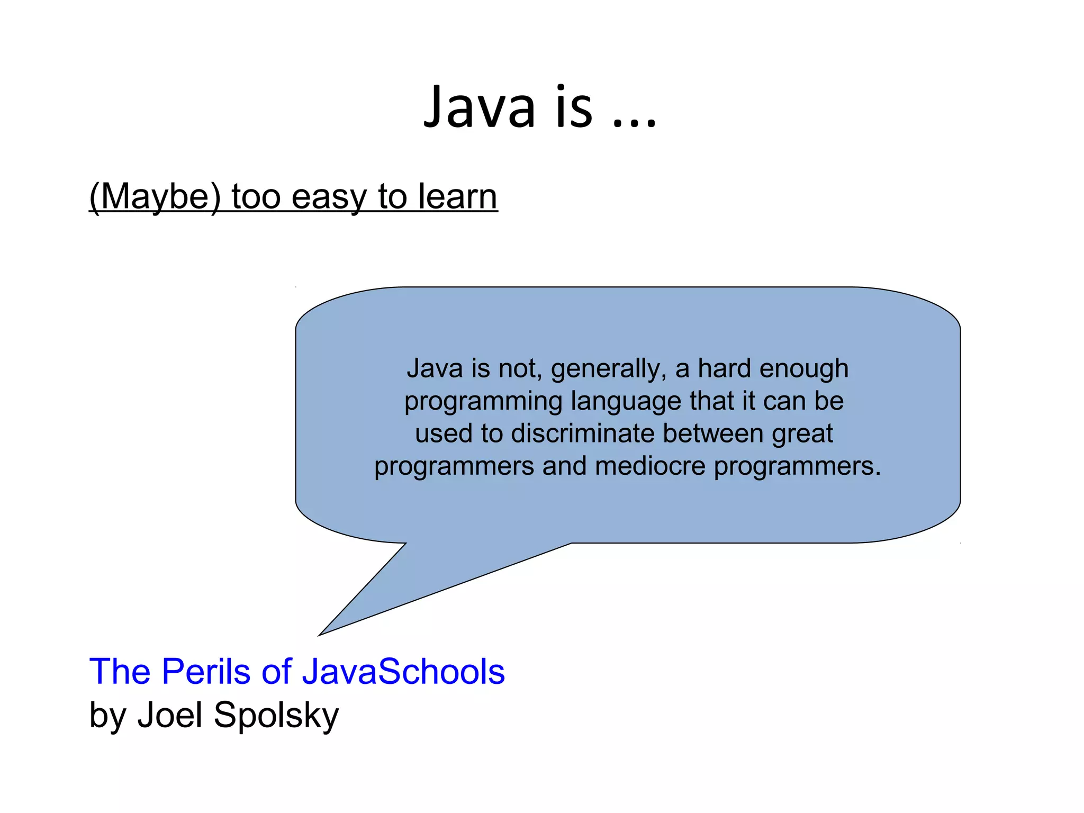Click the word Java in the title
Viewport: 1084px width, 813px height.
480,109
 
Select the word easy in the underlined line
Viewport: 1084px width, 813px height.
328,197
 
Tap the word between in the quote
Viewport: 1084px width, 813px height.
713,433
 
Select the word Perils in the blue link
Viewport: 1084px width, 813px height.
206,671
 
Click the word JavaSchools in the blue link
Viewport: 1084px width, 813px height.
403,671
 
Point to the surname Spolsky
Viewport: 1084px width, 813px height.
276,716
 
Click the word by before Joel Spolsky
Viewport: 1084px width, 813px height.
108,716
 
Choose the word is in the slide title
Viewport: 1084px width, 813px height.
574,109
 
